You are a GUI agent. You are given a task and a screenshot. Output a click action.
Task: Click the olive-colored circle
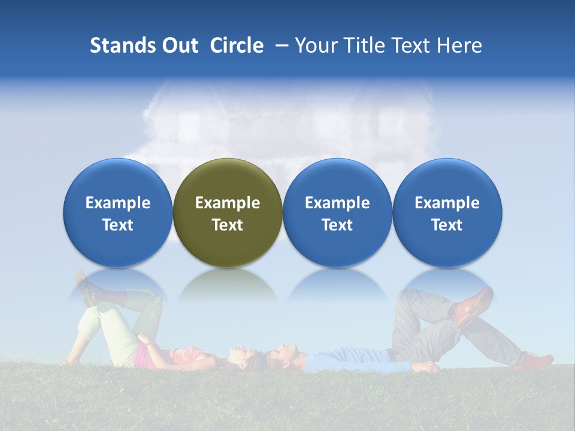click(x=228, y=213)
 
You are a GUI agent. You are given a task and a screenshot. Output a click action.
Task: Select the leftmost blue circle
click(x=118, y=213)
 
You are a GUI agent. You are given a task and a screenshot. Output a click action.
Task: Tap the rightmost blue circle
click(x=447, y=213)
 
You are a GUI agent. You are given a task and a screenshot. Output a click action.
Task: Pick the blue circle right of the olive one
click(x=337, y=213)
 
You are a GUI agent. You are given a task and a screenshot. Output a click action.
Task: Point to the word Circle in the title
click(x=237, y=45)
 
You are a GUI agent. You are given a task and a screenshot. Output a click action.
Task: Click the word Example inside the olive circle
click(x=228, y=203)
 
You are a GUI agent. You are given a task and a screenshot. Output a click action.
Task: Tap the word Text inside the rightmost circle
click(x=447, y=225)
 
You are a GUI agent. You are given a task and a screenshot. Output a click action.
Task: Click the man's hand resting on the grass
click(x=427, y=367)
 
